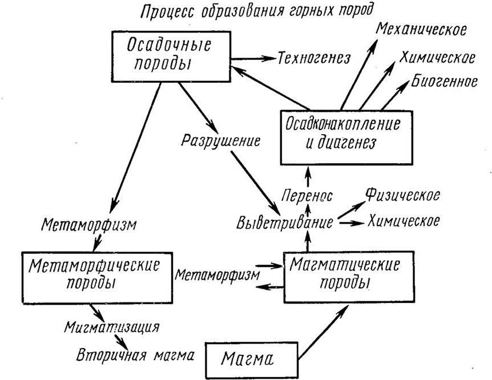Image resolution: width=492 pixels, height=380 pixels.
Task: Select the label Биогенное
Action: [443, 82]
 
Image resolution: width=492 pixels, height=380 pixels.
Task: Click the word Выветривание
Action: [284, 222]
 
